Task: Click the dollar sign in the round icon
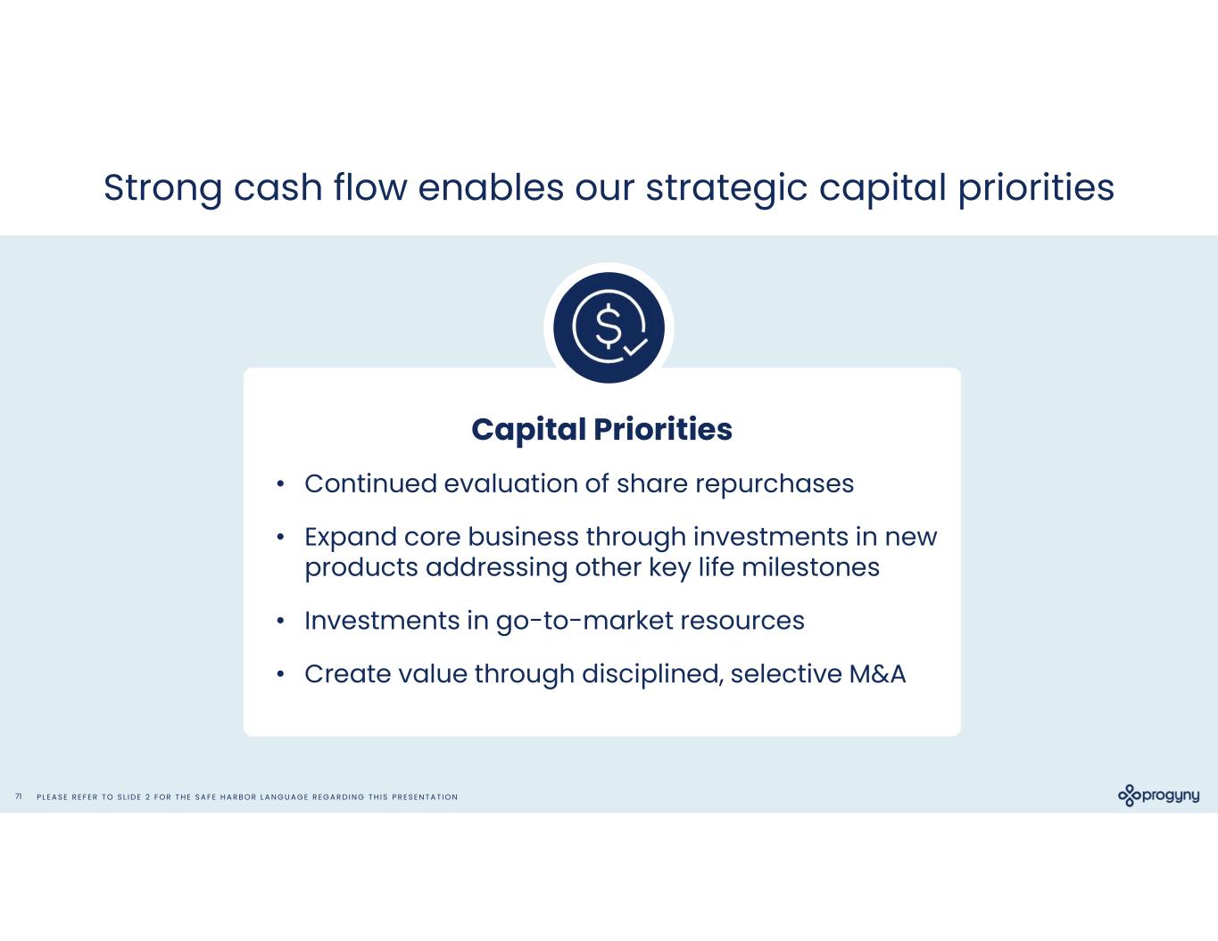609,326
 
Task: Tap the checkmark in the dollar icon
635,347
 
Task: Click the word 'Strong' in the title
163,189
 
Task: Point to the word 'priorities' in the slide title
1036,189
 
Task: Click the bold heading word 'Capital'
528,430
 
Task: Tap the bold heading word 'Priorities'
662,429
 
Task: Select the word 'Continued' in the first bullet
370,483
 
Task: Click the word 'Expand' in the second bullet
351,538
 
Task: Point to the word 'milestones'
810,567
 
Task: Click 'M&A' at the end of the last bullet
877,673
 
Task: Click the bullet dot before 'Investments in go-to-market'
281,621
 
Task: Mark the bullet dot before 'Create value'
281,674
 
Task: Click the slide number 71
19,797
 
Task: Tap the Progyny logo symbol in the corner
1130,796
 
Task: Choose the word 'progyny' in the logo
1171,796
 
